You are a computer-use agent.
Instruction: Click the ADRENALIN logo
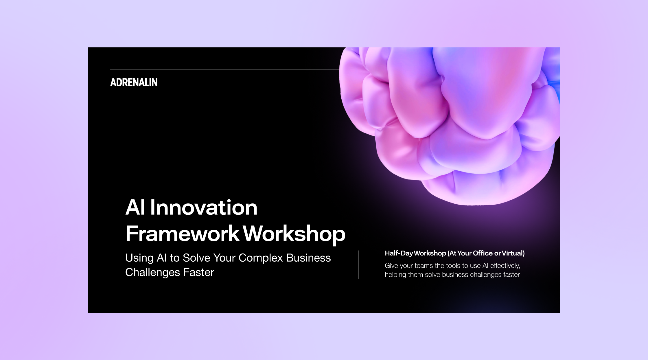[134, 82]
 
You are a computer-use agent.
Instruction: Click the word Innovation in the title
[204, 207]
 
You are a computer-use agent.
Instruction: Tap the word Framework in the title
[183, 234]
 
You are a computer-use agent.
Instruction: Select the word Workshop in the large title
[294, 234]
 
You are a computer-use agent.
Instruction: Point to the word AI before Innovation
[135, 207]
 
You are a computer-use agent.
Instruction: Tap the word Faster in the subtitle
[199, 273]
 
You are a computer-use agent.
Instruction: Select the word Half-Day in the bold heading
[399, 254]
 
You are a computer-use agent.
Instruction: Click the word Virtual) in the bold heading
[513, 253]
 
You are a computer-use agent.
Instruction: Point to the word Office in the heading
[483, 253]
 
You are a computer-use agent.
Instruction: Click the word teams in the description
[424, 266]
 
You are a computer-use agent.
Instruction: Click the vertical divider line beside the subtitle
[358, 265]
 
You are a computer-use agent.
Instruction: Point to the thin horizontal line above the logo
[225, 69]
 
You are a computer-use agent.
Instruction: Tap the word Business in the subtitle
[308, 258]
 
